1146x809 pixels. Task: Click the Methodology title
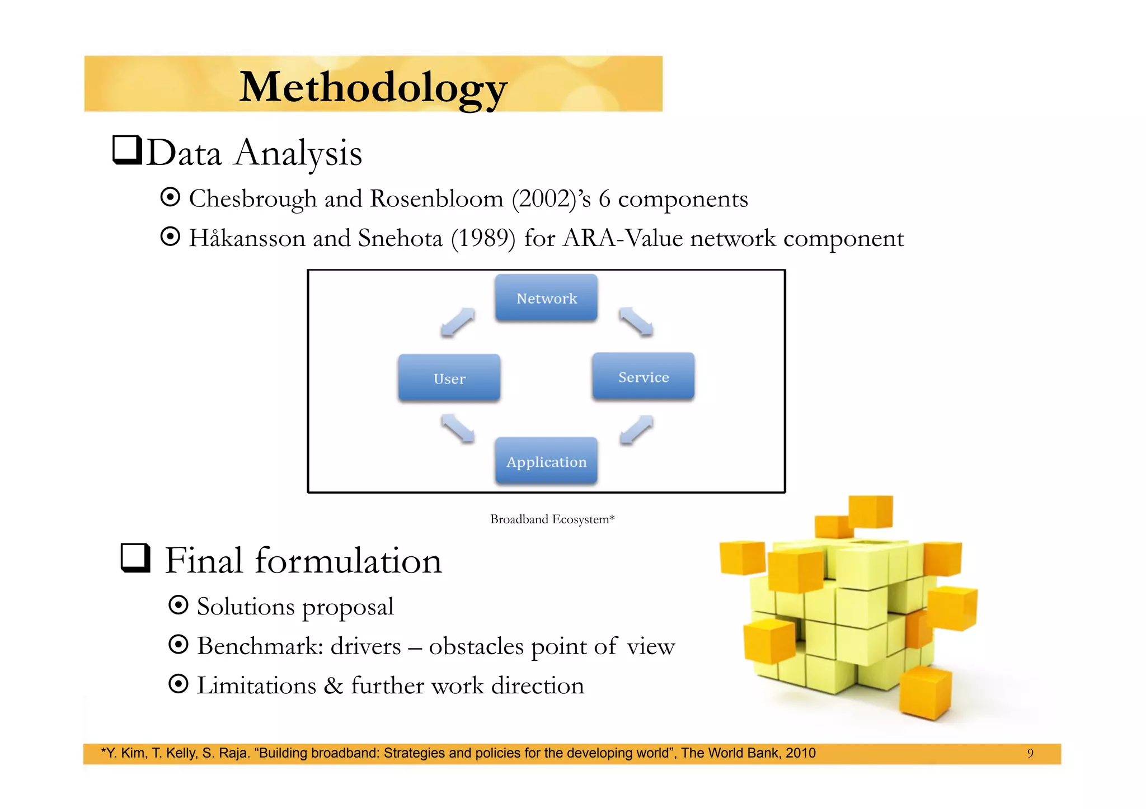[x=373, y=87]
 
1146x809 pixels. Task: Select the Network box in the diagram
[x=546, y=298]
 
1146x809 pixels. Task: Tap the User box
[x=449, y=378]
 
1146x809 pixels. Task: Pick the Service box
[x=643, y=377]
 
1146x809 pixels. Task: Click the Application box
[x=546, y=461]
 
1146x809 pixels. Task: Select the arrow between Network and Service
[x=636, y=322]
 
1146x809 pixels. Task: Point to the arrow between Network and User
[x=457, y=323]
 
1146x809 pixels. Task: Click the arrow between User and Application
[x=457, y=429]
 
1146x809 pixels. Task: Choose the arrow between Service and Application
[x=636, y=430]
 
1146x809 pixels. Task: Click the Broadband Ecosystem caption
[x=552, y=519]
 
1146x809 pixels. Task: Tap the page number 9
[x=1030, y=753]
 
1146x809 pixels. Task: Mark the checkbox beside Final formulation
[x=135, y=558]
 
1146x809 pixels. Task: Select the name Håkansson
[x=247, y=238]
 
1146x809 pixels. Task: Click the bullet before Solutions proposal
[x=178, y=605]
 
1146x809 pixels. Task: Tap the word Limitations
[x=257, y=685]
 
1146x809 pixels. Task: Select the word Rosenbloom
[x=436, y=199]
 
